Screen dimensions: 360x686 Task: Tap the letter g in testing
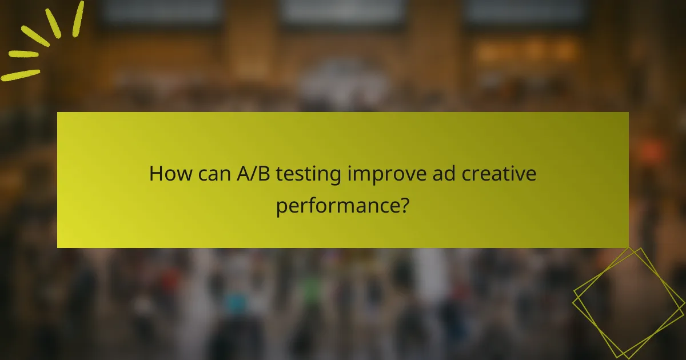(x=336, y=176)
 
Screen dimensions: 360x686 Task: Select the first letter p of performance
(x=281, y=206)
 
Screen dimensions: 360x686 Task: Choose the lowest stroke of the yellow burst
(x=20, y=75)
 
